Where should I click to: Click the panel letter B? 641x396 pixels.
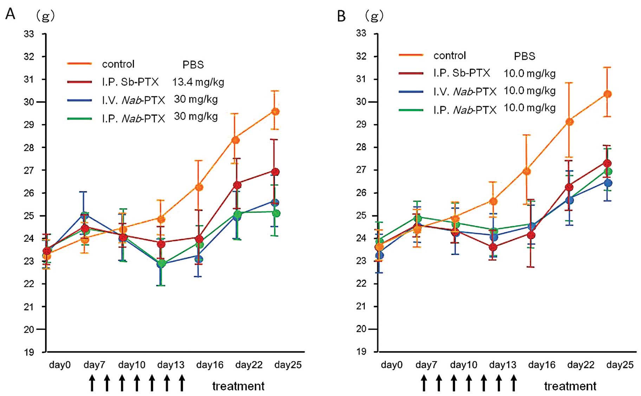[341, 16]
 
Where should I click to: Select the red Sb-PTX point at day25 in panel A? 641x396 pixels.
[275, 172]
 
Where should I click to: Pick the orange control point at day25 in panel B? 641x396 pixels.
[607, 94]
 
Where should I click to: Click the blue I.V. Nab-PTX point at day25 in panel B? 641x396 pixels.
[608, 183]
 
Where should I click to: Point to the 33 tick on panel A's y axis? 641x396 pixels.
[29, 34]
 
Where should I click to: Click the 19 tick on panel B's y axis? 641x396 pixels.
[361, 351]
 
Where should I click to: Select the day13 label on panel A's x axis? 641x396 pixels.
[171, 365]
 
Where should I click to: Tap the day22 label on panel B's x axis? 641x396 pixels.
[581, 365]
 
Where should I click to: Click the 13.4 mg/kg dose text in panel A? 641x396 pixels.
[198, 82]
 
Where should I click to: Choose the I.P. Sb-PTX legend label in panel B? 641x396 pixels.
[461, 73]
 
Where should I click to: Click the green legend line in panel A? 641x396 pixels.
[79, 119]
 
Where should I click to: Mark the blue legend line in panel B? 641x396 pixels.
[411, 92]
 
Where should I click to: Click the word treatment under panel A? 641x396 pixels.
[238, 386]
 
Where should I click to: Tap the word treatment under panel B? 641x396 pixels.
[570, 386]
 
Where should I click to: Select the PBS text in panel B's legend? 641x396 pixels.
[524, 56]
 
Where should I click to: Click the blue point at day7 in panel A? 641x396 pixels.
[84, 215]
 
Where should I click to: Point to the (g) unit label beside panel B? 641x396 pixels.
[374, 16]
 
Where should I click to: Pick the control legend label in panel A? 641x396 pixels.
[118, 64]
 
